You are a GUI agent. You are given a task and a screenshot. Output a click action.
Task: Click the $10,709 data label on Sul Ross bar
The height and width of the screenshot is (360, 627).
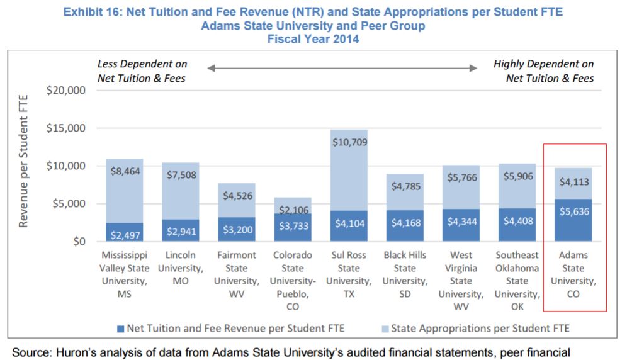click(x=349, y=142)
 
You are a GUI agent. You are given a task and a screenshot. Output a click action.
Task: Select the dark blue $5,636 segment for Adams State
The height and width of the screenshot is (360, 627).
click(x=573, y=220)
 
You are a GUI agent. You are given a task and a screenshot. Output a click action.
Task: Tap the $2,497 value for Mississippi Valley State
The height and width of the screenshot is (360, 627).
click(x=125, y=235)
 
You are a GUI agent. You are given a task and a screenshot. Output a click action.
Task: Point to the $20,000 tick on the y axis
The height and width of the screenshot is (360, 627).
click(x=66, y=91)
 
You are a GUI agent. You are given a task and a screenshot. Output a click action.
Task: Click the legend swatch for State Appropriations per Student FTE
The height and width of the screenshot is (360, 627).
click(x=385, y=328)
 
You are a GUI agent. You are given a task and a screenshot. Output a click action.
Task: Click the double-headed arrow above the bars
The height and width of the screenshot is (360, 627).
click(x=342, y=68)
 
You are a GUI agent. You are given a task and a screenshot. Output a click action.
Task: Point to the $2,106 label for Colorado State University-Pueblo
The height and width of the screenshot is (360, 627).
click(x=293, y=210)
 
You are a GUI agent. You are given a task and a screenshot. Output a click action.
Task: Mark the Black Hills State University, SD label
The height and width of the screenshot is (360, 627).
click(x=405, y=274)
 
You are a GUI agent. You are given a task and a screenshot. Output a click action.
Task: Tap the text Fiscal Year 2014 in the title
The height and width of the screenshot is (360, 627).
click(x=313, y=38)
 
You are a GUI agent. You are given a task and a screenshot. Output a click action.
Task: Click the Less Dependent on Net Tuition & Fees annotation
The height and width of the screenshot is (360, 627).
click(x=142, y=71)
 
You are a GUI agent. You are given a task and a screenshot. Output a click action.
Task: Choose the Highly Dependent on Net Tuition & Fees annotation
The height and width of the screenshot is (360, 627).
click(x=544, y=71)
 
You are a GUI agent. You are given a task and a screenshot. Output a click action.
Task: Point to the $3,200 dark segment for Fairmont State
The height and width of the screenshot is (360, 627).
click(x=237, y=229)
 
